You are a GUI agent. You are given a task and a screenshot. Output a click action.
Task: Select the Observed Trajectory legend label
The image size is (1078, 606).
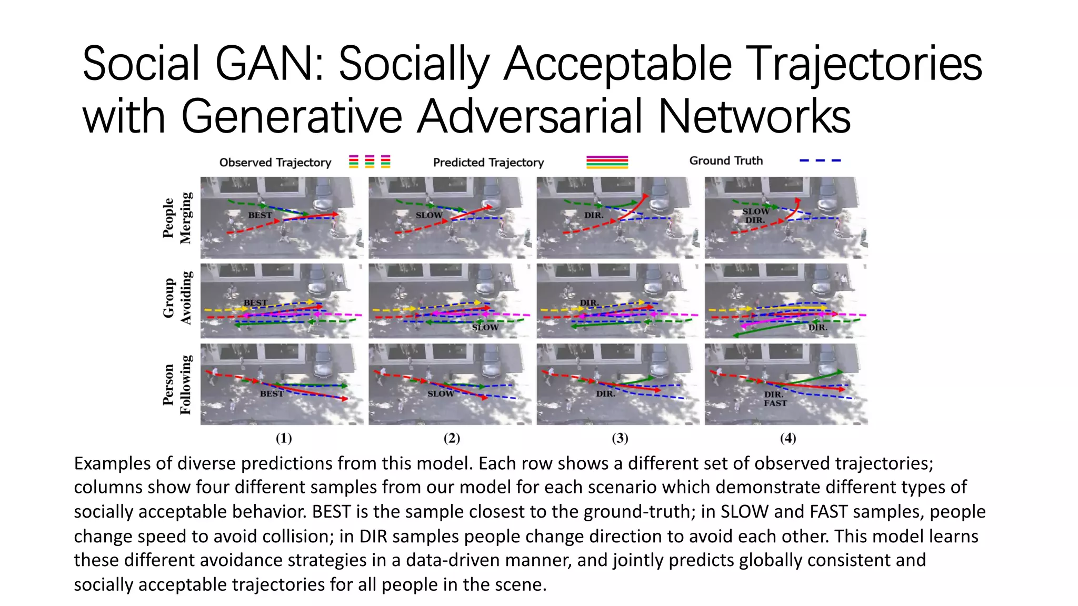[x=275, y=163]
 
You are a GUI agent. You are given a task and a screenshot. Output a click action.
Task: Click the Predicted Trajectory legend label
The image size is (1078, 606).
[x=488, y=163]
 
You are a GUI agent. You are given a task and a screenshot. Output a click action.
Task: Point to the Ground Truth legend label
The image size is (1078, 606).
[x=726, y=161]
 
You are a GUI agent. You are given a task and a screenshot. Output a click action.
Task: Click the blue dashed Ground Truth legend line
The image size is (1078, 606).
[x=820, y=160]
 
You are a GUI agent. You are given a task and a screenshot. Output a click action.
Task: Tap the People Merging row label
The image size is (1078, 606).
[x=177, y=218]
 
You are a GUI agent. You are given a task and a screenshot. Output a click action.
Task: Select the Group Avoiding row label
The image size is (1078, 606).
[x=177, y=298]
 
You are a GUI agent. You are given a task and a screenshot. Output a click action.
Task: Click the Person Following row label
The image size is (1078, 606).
[x=177, y=385]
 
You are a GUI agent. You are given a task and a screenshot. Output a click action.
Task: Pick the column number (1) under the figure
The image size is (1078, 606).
[x=284, y=438]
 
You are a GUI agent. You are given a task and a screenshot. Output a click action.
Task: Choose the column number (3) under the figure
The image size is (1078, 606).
[x=620, y=438]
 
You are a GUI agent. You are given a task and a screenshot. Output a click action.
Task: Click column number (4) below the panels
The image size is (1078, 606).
[x=787, y=438]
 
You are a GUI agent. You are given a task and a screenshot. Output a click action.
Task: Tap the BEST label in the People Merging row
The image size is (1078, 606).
[x=260, y=215]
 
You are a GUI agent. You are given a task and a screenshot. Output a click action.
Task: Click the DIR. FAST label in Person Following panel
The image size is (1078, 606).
[x=775, y=399]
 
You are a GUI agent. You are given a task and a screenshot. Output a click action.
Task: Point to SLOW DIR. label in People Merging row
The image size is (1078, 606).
[x=755, y=216]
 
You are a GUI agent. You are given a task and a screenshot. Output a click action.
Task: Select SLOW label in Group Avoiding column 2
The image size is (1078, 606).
[x=485, y=328]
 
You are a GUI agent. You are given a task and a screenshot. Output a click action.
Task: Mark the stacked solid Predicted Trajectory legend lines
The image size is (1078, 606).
[x=607, y=162]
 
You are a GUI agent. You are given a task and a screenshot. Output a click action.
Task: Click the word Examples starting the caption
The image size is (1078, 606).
[x=113, y=463]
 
